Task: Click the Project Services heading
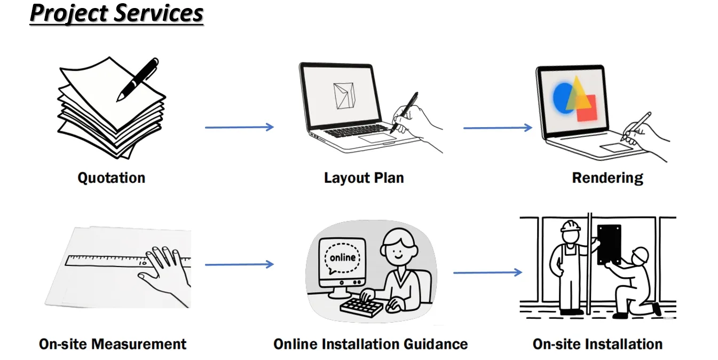(x=117, y=13)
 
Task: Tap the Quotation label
(x=112, y=178)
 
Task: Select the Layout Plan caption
(x=364, y=178)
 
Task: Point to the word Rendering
(x=607, y=178)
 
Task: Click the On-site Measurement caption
(x=113, y=344)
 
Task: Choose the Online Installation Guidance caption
(x=370, y=344)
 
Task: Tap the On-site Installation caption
(x=597, y=344)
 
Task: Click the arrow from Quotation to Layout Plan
(x=240, y=127)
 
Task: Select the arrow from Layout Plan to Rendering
(x=498, y=128)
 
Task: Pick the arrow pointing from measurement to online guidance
(x=240, y=264)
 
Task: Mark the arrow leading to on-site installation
(x=487, y=272)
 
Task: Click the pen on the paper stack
(x=138, y=79)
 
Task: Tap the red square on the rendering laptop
(x=587, y=108)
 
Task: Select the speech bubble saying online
(x=342, y=259)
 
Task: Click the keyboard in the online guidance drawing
(x=361, y=307)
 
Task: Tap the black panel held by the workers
(x=609, y=245)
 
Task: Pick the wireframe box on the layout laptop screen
(x=344, y=96)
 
